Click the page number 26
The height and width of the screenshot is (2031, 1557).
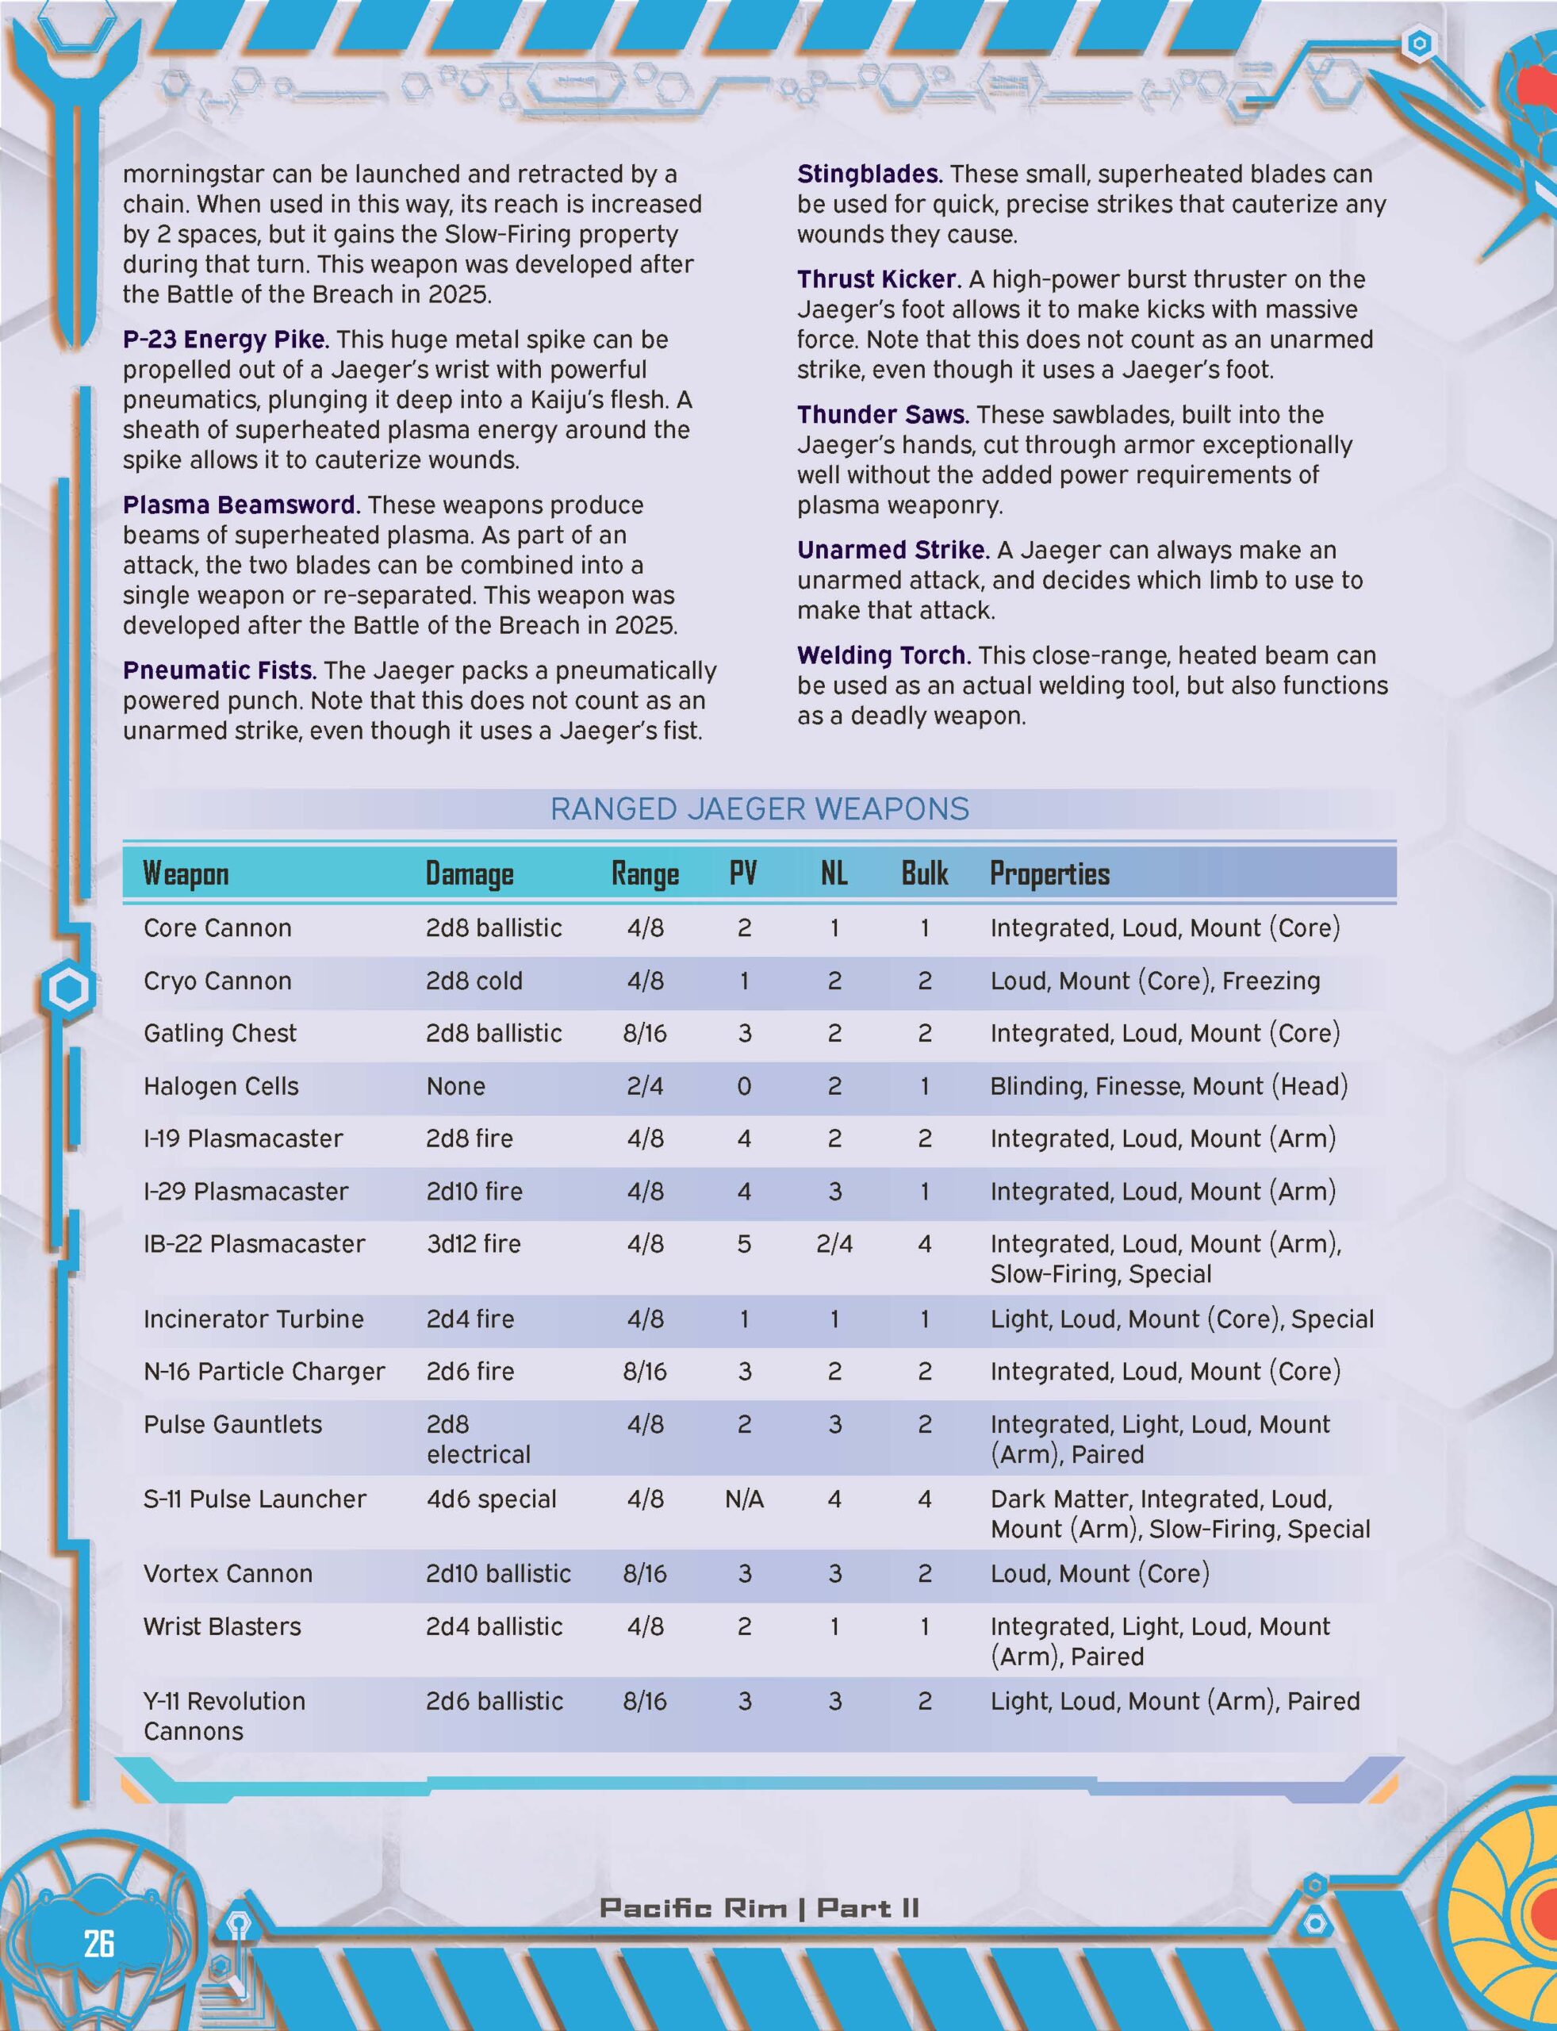click(x=98, y=1942)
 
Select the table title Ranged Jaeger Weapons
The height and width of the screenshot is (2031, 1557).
click(x=759, y=809)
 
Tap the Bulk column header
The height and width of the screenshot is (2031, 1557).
click(x=924, y=873)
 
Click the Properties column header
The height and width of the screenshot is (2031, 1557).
click(x=1049, y=873)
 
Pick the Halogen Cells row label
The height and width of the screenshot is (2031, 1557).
click(x=221, y=1085)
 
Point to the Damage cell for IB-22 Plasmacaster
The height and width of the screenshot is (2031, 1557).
click(x=474, y=1243)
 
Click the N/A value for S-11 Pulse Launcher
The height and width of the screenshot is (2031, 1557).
click(x=744, y=1499)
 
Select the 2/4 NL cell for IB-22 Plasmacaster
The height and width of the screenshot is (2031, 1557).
click(x=834, y=1243)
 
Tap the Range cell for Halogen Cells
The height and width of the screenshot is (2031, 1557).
click(x=645, y=1085)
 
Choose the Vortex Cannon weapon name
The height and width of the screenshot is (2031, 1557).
click(x=228, y=1573)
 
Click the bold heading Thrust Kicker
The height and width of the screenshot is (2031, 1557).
click(x=876, y=279)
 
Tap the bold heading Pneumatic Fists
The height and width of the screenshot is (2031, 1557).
click(x=220, y=670)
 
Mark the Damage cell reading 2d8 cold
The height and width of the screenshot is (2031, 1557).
click(x=474, y=981)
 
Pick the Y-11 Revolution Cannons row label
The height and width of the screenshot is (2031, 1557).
click(x=224, y=1716)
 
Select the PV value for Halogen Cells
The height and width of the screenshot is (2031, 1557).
click(x=744, y=1085)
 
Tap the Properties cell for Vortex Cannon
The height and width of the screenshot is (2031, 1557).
click(x=1100, y=1573)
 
